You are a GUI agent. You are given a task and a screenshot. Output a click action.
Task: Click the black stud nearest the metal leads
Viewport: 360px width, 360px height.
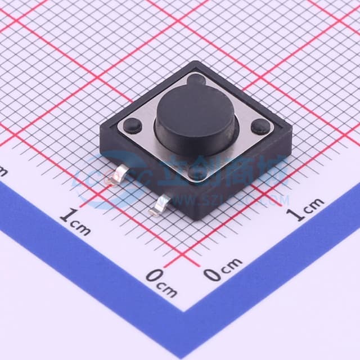click(197, 172)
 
